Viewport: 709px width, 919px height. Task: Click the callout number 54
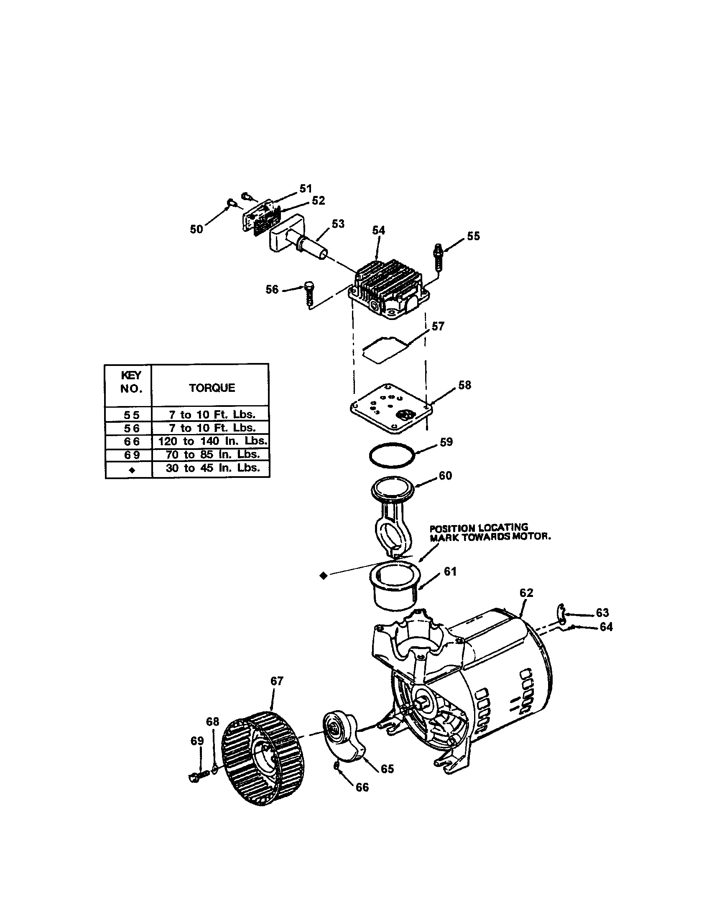coord(378,230)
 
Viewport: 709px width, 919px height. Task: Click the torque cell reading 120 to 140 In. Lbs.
coord(212,441)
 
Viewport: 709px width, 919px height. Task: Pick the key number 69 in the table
coord(131,455)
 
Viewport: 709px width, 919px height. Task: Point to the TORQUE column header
coord(212,388)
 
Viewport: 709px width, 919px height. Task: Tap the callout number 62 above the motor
coord(526,592)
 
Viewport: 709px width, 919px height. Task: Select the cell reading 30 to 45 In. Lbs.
coord(212,468)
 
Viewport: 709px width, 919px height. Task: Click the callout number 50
coord(196,229)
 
